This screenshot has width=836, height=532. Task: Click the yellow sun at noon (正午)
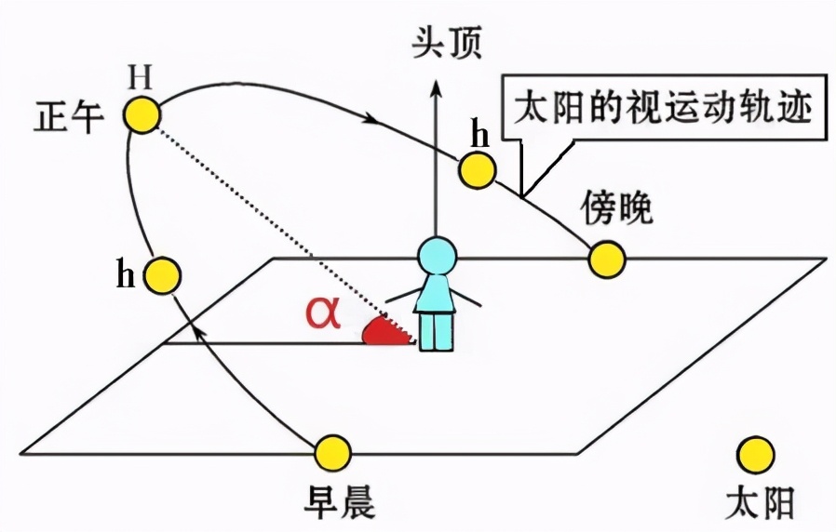tap(143, 114)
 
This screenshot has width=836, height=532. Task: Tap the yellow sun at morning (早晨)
tap(332, 452)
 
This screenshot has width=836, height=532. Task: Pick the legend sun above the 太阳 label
tap(754, 454)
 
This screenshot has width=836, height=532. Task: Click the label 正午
tap(68, 118)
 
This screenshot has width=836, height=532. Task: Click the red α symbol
tap(324, 314)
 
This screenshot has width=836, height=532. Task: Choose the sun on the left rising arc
tap(161, 274)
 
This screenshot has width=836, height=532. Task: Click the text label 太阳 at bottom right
tap(760, 503)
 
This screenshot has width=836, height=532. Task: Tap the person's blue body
tap(436, 312)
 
